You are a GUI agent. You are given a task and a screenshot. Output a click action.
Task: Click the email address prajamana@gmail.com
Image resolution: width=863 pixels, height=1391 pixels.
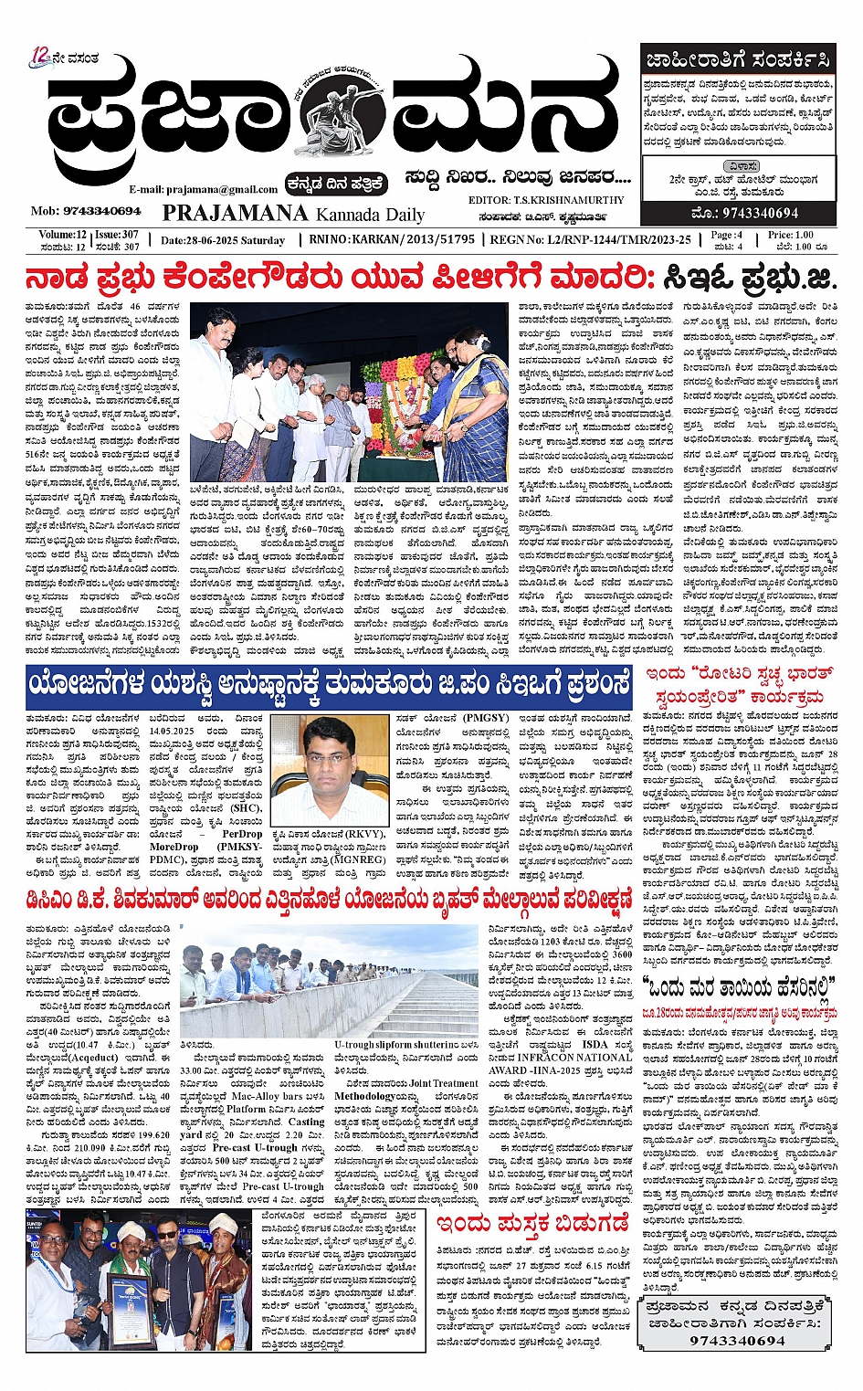[203, 189]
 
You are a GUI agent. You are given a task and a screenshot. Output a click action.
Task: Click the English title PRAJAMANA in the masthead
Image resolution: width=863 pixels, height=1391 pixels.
[235, 213]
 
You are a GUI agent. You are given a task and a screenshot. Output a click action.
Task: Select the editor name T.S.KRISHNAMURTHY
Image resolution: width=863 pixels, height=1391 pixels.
[572, 200]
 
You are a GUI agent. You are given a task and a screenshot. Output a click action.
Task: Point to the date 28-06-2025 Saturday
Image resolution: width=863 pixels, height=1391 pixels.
[223, 240]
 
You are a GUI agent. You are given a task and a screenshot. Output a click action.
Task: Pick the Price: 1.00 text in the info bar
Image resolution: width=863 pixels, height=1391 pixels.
[790, 235]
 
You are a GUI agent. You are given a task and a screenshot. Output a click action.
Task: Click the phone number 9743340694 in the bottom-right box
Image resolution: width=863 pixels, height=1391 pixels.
[737, 1340]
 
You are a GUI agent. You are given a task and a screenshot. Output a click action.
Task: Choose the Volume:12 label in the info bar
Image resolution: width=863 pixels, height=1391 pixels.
[62, 235]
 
